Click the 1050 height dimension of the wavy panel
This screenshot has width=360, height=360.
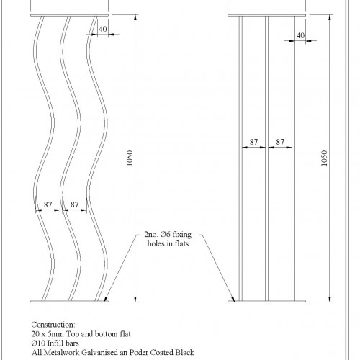pyautogui.click(x=130, y=158)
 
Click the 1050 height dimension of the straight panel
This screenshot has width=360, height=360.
pyautogui.click(x=324, y=158)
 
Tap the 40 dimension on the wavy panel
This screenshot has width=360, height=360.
pyautogui.click(x=103, y=29)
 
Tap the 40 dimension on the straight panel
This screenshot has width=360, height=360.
pyautogui.click(x=300, y=35)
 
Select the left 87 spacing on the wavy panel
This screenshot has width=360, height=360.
pyautogui.click(x=48, y=204)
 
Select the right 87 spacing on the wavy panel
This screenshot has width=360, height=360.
pyautogui.click(x=75, y=204)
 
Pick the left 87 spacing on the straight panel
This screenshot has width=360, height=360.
pyautogui.click(x=253, y=142)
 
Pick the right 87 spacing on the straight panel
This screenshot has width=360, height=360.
pyautogui.click(x=280, y=142)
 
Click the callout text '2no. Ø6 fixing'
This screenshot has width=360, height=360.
pyautogui.click(x=168, y=234)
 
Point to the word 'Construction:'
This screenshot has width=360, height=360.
pyautogui.click(x=53, y=325)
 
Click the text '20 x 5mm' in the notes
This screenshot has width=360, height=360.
pyautogui.click(x=48, y=334)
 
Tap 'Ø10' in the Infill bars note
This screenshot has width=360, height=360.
pyautogui.click(x=38, y=343)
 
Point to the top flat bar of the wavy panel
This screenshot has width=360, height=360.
pyautogui.click(x=69, y=15)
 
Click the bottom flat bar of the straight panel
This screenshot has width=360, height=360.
pyautogui.click(x=267, y=301)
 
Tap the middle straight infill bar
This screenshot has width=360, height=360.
pyautogui.click(x=267, y=158)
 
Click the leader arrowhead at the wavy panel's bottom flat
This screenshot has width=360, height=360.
pyautogui.click(x=105, y=299)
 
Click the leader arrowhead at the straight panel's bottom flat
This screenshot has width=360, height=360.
pyautogui.click(x=233, y=299)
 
